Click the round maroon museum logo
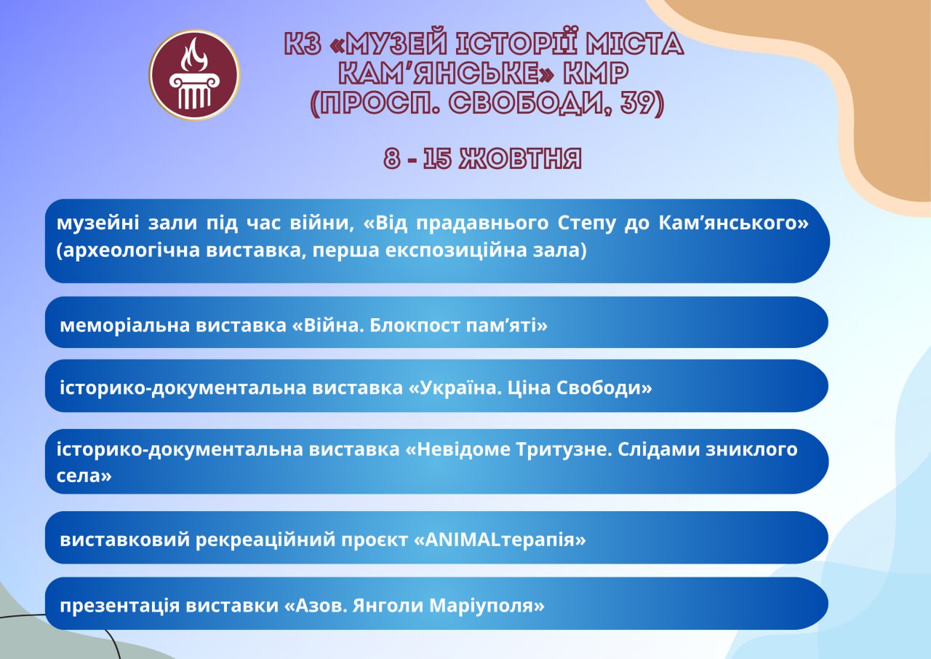click(x=194, y=75)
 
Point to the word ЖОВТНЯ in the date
click(x=520, y=159)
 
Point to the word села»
click(x=84, y=476)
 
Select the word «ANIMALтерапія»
click(x=500, y=540)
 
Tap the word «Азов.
click(x=316, y=605)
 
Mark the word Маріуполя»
click(x=487, y=606)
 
